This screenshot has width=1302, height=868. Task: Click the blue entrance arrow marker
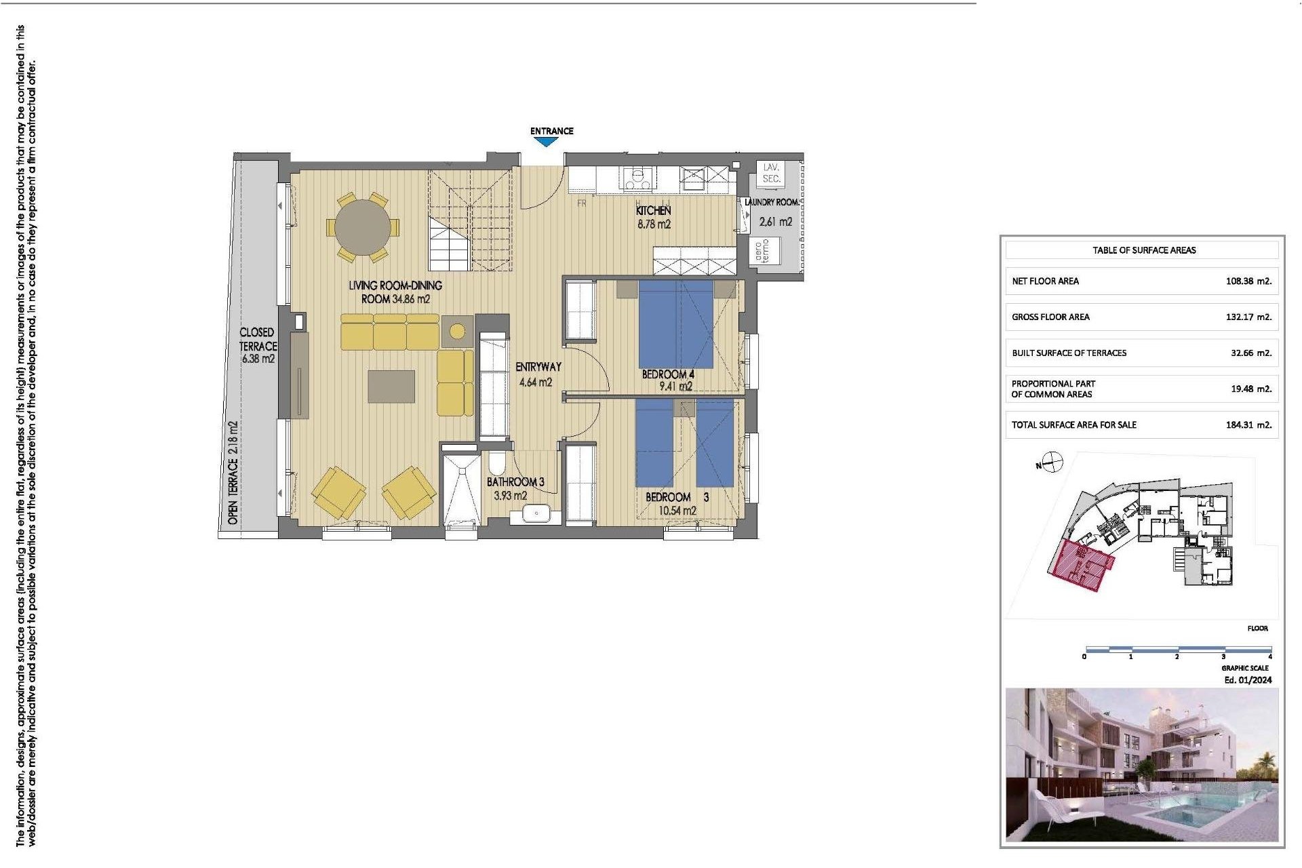pos(546,142)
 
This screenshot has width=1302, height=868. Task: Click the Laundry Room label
pos(772,202)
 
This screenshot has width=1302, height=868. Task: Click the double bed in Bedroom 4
pos(676,324)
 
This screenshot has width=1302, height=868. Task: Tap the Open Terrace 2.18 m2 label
pos(233,472)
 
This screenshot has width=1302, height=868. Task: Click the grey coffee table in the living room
pos(391,386)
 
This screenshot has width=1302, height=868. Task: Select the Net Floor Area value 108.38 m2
pos(1248,281)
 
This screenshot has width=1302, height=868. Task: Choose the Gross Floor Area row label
pos(1050,317)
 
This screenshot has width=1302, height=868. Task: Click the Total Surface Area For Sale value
pos(1248,425)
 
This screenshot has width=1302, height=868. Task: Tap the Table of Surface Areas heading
pos(1144,250)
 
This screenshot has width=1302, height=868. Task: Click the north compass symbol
pos(1052,462)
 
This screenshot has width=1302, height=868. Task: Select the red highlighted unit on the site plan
pos(1082,564)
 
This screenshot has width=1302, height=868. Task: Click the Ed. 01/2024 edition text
pos(1248,679)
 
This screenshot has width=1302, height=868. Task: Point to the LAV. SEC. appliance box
pos(772,173)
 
